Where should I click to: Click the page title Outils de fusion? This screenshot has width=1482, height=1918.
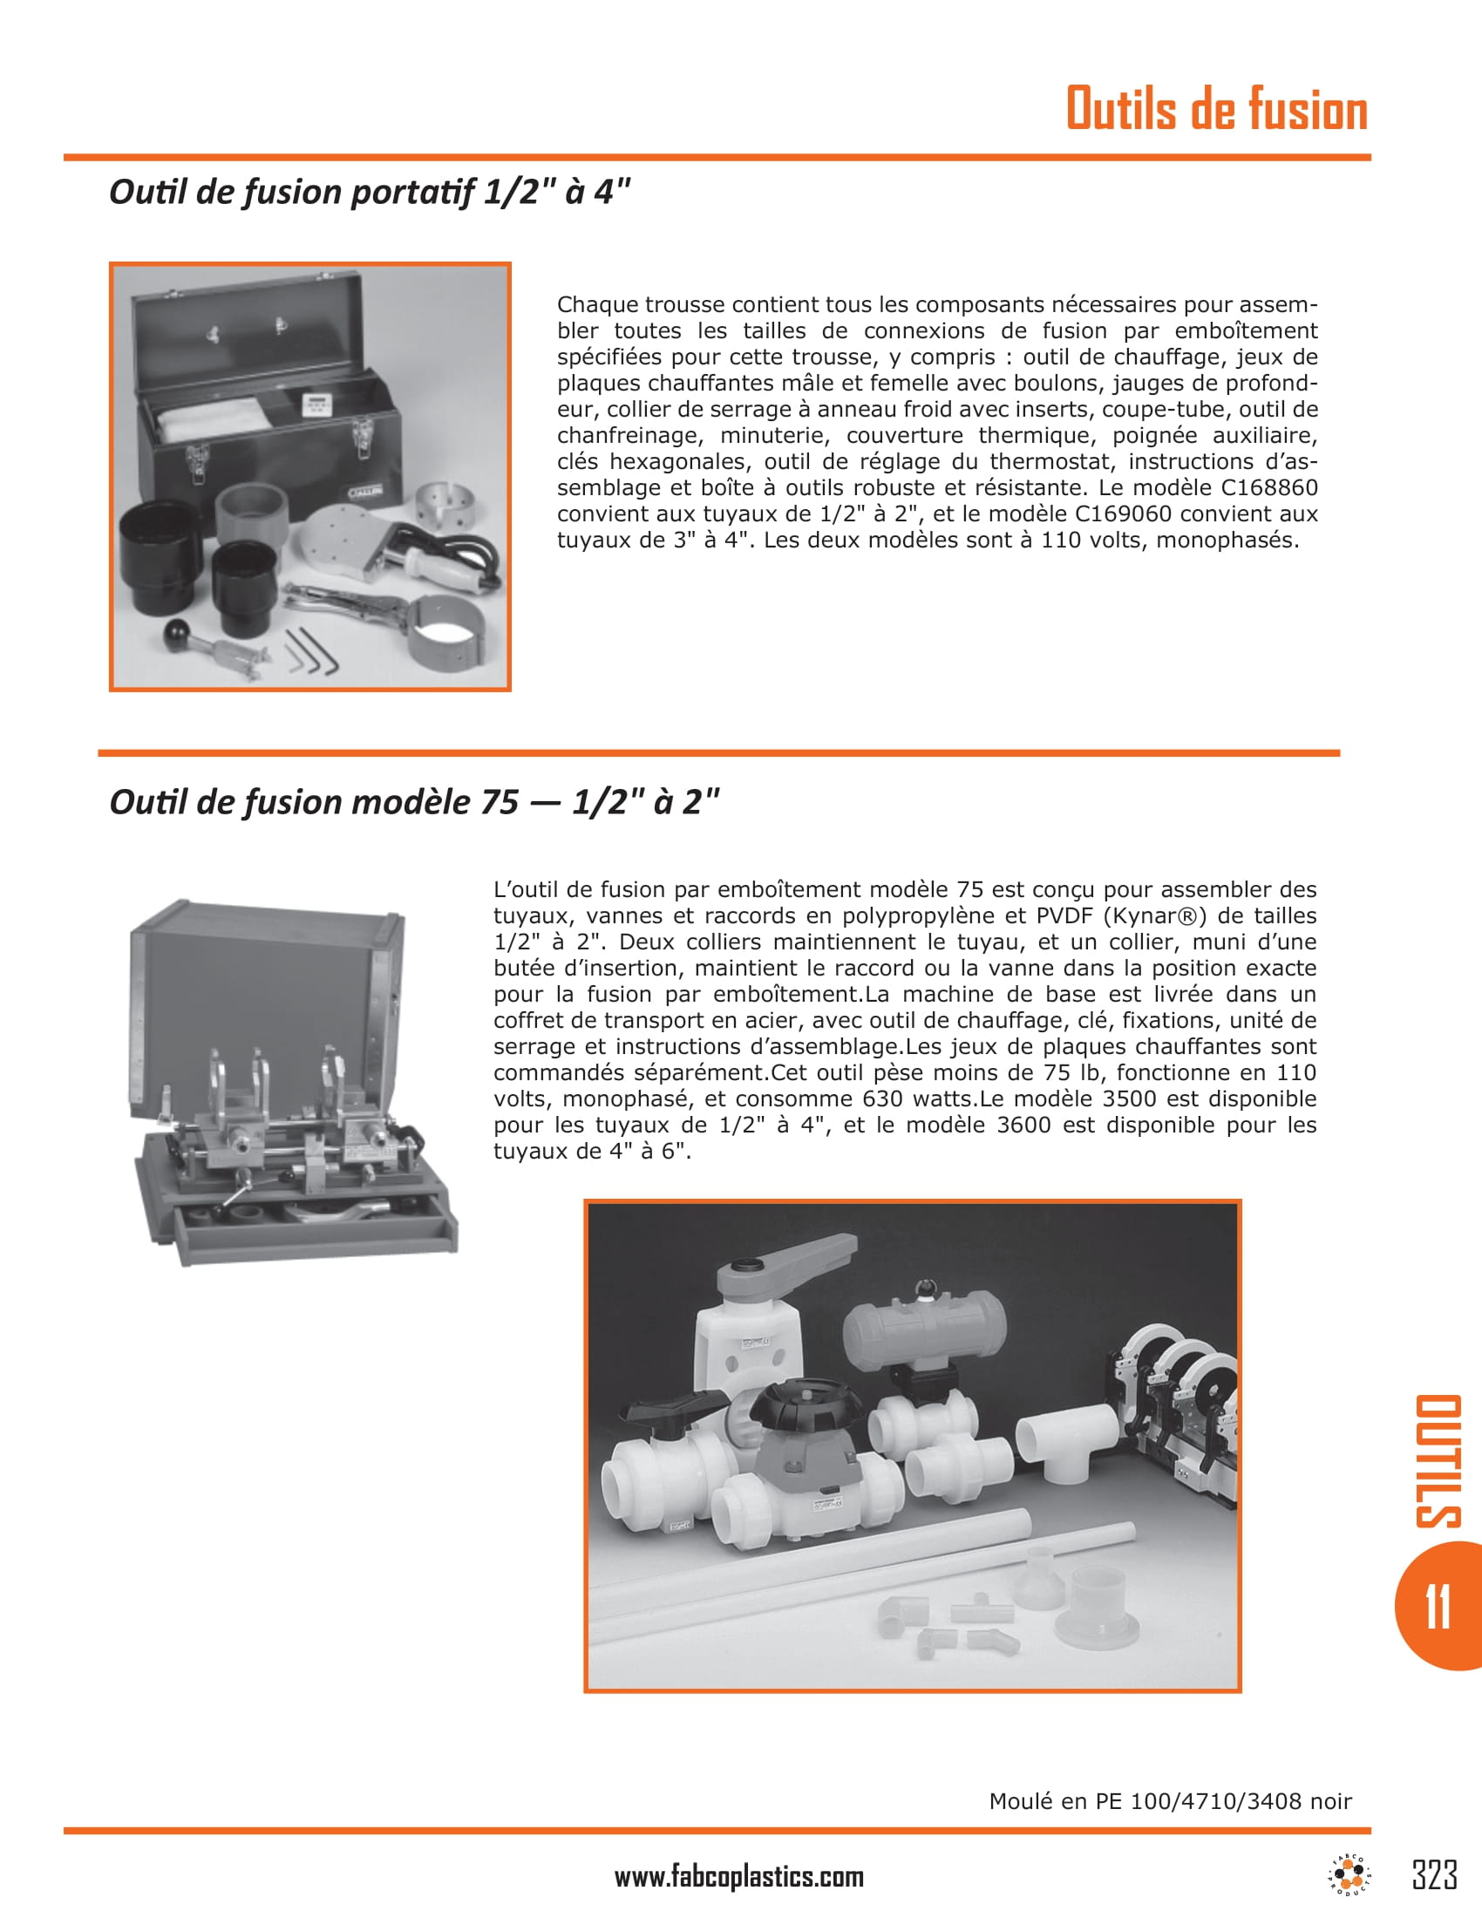tap(1216, 110)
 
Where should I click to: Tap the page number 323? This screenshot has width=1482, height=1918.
tap(1435, 1874)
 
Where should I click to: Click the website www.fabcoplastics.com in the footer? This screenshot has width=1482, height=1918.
tap(739, 1877)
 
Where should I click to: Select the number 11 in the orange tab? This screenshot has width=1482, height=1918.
tap(1438, 1606)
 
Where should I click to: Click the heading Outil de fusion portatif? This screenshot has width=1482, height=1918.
tap(370, 192)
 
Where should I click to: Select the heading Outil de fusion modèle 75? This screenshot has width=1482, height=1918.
tap(413, 802)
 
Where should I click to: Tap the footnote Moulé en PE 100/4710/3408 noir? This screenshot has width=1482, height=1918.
tap(1170, 1801)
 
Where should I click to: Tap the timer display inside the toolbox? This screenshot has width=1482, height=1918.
tap(316, 404)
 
